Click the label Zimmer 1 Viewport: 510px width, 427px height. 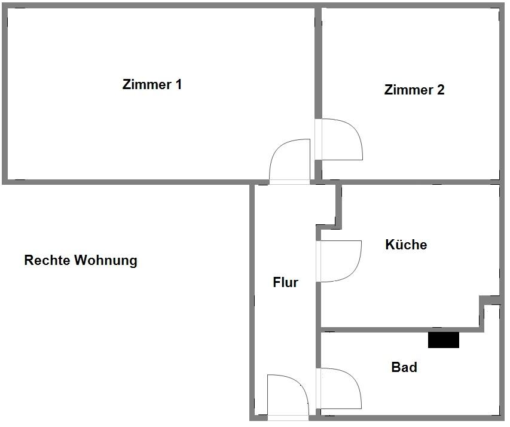(152, 84)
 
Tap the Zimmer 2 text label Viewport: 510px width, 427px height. (414, 90)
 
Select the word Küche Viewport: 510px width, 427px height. (406, 245)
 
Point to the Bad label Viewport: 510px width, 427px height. (404, 367)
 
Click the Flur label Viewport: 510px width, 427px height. (285, 283)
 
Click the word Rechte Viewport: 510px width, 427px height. (47, 261)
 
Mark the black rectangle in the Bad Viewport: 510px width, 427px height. (444, 340)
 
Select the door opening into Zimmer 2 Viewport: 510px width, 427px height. (341, 139)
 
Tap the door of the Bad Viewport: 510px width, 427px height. (341, 388)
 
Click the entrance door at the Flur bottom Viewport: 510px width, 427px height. (288, 395)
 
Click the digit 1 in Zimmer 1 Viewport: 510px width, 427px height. (178, 84)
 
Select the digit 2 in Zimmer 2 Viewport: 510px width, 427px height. (441, 90)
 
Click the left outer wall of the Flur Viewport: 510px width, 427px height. (253, 299)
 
